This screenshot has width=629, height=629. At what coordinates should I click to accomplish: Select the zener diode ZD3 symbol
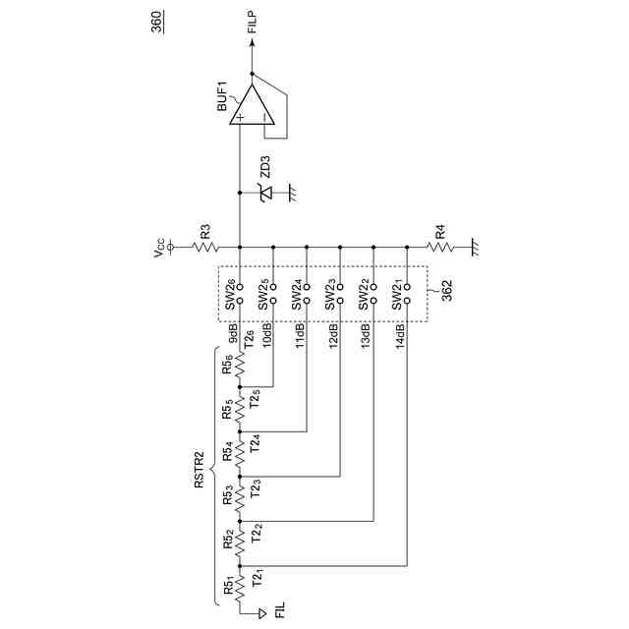[265, 194]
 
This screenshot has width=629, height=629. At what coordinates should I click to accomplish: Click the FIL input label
[279, 612]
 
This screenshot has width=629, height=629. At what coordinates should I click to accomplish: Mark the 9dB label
[234, 333]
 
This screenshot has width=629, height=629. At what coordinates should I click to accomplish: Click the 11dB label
[300, 336]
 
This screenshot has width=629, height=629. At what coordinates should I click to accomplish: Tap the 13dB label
[367, 336]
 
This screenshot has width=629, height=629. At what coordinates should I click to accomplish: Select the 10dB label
[266, 336]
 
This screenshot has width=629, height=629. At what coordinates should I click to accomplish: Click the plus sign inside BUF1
[240, 117]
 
